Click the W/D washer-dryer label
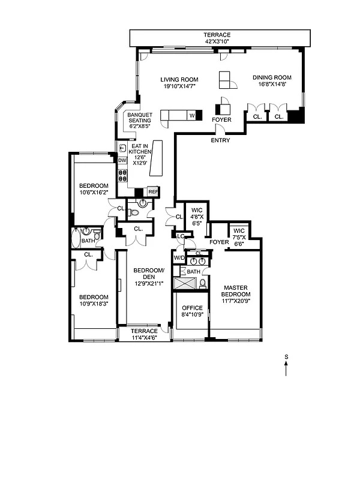pyautogui.click(x=179, y=258)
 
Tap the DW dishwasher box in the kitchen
pyautogui.click(x=122, y=161)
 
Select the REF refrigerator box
pyautogui.click(x=153, y=191)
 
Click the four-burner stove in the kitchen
pyautogui.click(x=122, y=176)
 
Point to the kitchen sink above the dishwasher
pyautogui.click(x=122, y=148)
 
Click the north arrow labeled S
pyautogui.click(x=286, y=365)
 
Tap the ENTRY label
pyautogui.click(x=220, y=140)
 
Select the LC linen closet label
pyautogui.click(x=180, y=236)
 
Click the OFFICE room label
pyautogui.click(x=192, y=311)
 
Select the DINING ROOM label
pyautogui.click(x=271, y=81)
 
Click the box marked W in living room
pyautogui.click(x=192, y=115)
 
